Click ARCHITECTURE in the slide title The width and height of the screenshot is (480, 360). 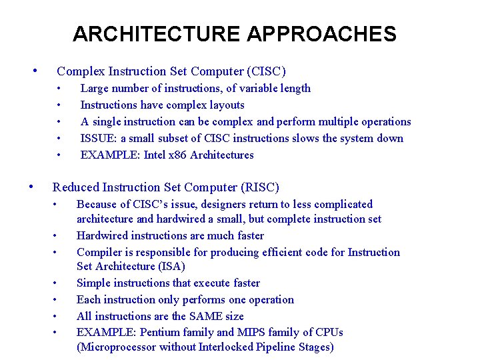155,33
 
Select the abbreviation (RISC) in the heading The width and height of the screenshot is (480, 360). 263,187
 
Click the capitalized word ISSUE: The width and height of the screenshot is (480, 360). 97,138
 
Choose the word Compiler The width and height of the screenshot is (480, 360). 99,252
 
